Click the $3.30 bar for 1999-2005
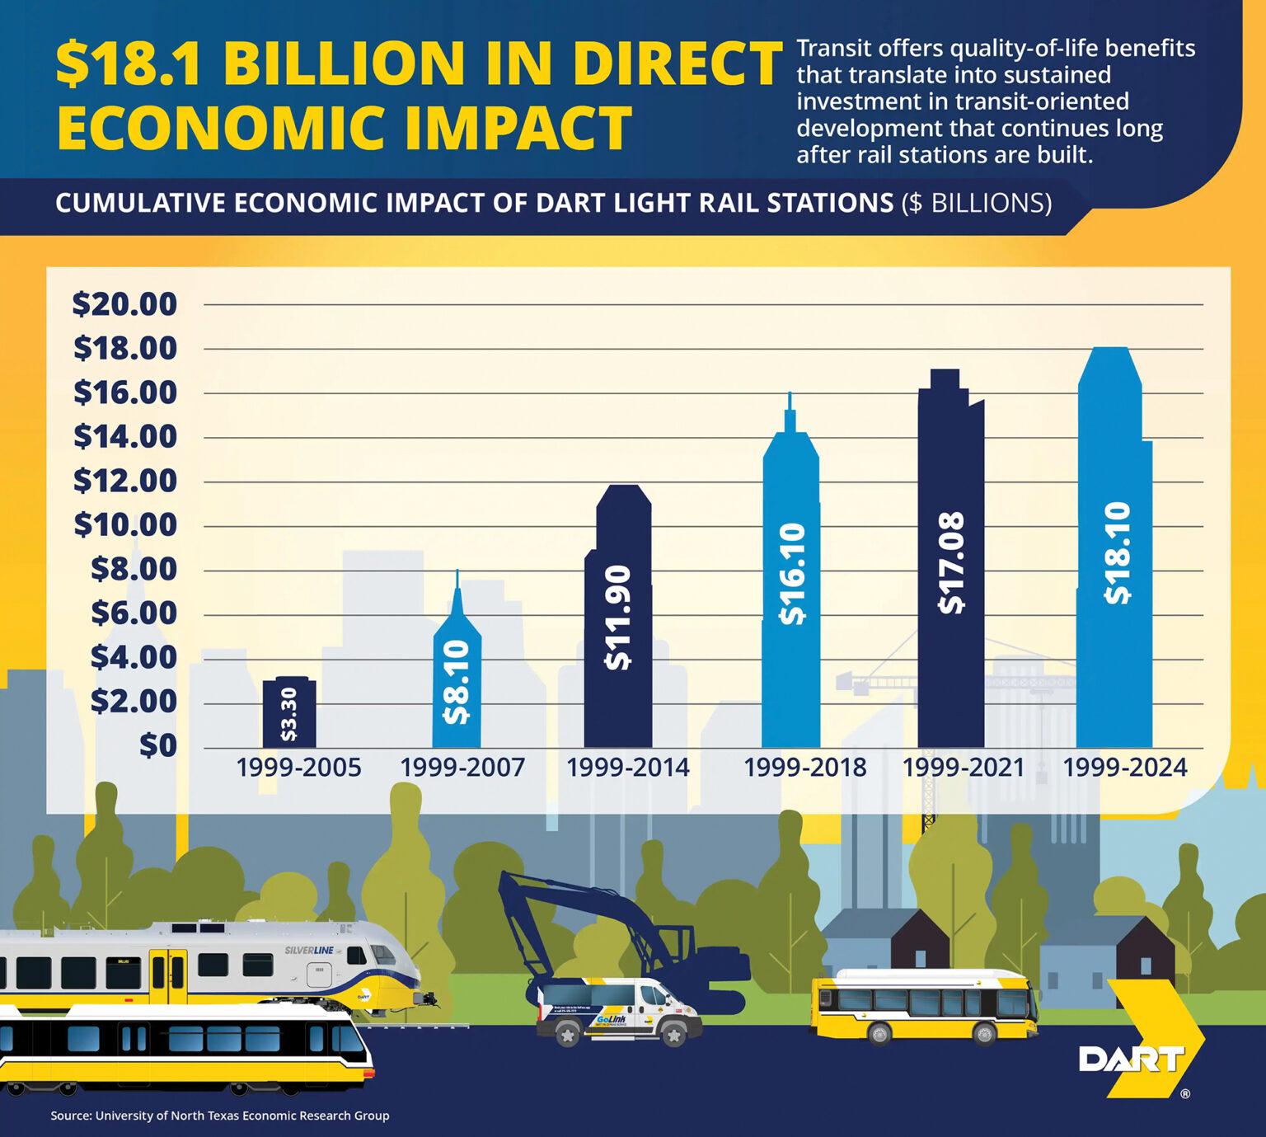[x=288, y=712]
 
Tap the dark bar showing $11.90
[x=618, y=618]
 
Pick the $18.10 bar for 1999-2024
[x=1114, y=552]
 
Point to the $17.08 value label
[x=952, y=563]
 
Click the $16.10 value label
[x=792, y=574]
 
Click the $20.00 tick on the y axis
[x=125, y=304]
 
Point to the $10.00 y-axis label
[x=125, y=524]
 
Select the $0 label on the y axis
[x=157, y=745]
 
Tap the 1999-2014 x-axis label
[x=627, y=768]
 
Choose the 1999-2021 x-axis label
[x=963, y=768]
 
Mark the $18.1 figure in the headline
[x=129, y=63]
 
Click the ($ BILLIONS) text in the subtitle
[x=977, y=203]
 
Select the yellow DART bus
[x=923, y=1004]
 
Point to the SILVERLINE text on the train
[x=309, y=951]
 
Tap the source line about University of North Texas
[x=220, y=1116]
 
